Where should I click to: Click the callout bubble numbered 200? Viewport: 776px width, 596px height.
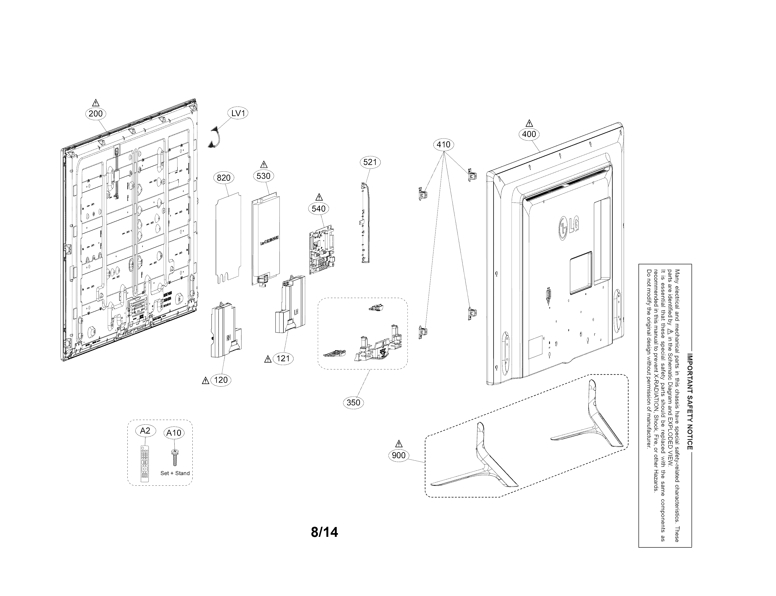[x=96, y=114]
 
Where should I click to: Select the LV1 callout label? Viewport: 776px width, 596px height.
[x=238, y=113]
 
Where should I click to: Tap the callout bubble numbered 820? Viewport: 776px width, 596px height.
[x=223, y=178]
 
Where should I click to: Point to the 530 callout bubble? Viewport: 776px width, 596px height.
[x=264, y=176]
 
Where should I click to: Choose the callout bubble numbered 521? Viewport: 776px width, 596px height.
[x=370, y=162]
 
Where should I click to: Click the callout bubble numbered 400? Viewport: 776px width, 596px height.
[x=529, y=134]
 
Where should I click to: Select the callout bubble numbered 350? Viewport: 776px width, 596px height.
[x=353, y=402]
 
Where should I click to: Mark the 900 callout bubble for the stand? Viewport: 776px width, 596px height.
[x=399, y=455]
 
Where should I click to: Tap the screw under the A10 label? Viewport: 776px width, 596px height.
[x=175, y=458]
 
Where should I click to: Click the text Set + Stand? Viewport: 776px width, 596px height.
[x=175, y=473]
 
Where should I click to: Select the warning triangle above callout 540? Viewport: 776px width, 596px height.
[x=319, y=197]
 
